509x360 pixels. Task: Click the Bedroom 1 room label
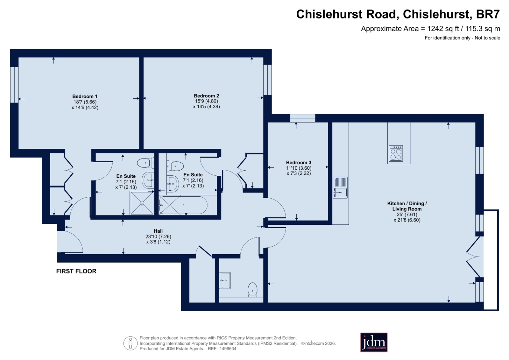coord(85,96)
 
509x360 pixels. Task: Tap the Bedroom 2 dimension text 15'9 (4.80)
coord(206,101)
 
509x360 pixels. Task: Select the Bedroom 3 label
coord(299,163)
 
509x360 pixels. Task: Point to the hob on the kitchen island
coord(396,154)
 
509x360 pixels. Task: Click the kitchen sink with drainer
coord(340,187)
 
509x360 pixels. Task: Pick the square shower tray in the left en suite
coord(142,203)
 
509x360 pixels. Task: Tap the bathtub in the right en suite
coord(183,205)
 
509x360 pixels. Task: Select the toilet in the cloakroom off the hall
coord(252,289)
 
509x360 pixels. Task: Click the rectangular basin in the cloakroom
coord(225,280)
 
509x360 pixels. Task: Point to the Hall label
coord(158,231)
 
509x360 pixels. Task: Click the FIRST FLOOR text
coord(76,271)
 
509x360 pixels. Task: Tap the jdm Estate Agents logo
coord(374,342)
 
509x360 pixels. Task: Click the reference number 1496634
coord(228,349)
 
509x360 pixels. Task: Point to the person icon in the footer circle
coord(131,343)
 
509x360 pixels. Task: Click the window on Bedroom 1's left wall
coord(14,85)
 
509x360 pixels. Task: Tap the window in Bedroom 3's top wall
coord(303,118)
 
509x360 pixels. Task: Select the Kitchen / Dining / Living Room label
coord(407,206)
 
